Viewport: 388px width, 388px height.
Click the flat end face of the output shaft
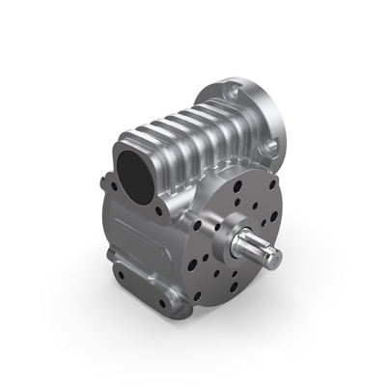coord(272,257)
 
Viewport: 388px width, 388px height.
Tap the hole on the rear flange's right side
coord(273,145)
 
